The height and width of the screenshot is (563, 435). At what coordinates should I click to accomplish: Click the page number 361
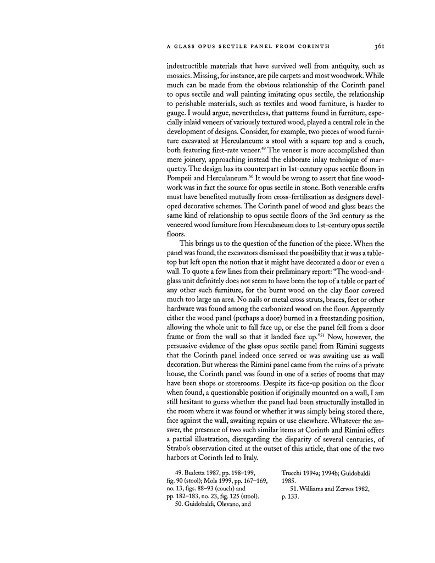[369, 46]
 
